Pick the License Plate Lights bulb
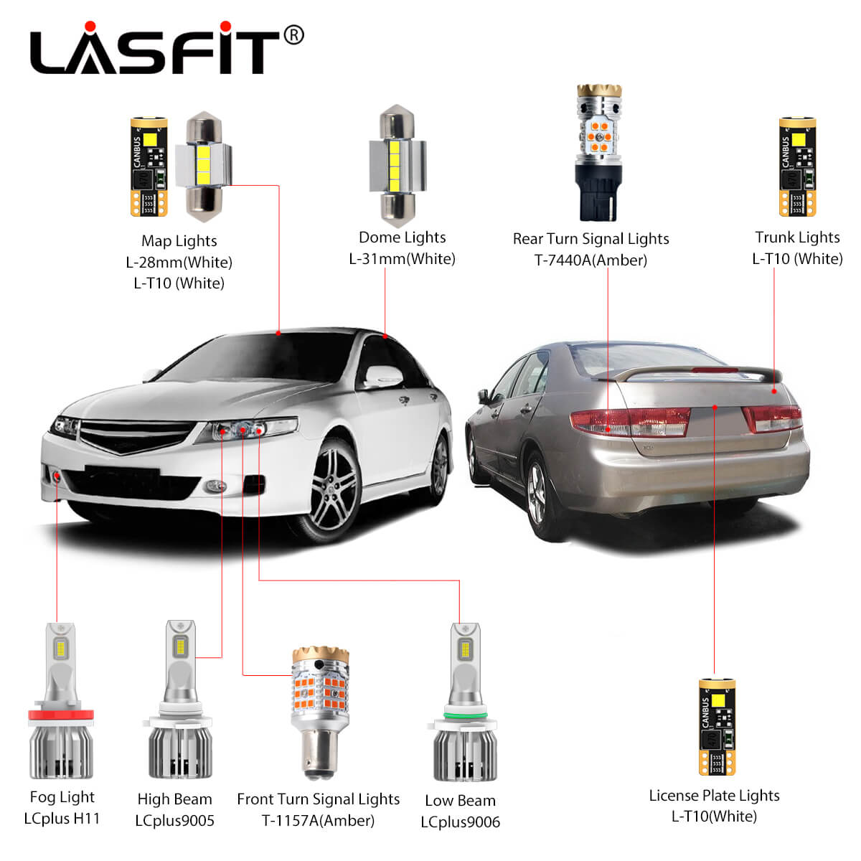715,727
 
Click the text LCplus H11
62,819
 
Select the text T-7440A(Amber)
591,260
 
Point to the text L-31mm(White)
402,258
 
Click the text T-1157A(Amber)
318,820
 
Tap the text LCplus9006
460,822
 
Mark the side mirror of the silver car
384,376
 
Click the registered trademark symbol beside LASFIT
293,34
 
